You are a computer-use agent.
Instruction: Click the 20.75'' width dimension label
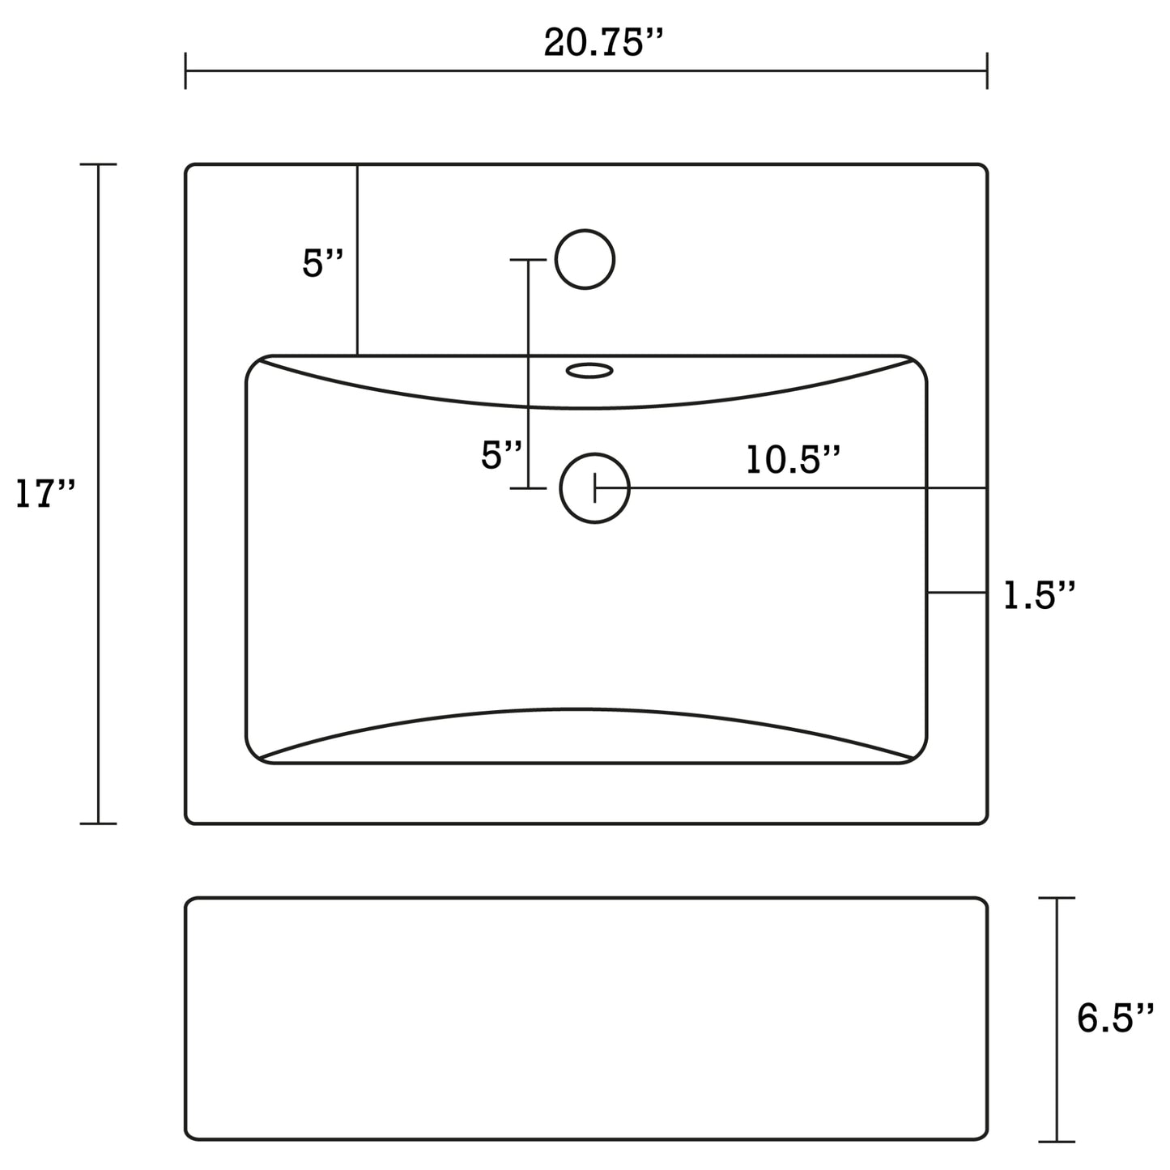603,42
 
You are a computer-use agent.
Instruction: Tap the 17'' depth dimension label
45,494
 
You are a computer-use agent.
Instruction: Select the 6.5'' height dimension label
1114,1018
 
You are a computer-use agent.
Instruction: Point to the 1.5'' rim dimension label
1039,596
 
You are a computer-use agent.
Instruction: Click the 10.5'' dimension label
792,460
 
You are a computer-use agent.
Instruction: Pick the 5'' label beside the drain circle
502,455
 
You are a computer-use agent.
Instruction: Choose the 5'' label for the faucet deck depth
323,263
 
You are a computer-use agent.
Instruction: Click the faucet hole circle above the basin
585,259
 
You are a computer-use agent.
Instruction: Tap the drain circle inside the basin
594,488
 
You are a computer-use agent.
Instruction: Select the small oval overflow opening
589,371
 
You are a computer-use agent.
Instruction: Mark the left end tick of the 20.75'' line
186,71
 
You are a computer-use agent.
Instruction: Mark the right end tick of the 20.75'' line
986,71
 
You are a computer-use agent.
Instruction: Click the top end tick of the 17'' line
99,164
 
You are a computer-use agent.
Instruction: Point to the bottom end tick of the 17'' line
99,823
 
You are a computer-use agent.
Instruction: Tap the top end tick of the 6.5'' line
1057,898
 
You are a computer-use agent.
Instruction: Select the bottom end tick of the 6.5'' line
1057,1142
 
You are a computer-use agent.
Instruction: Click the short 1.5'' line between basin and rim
956,593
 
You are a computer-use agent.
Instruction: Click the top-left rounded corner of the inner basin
256,365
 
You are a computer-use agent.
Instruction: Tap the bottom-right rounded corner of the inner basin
917,753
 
